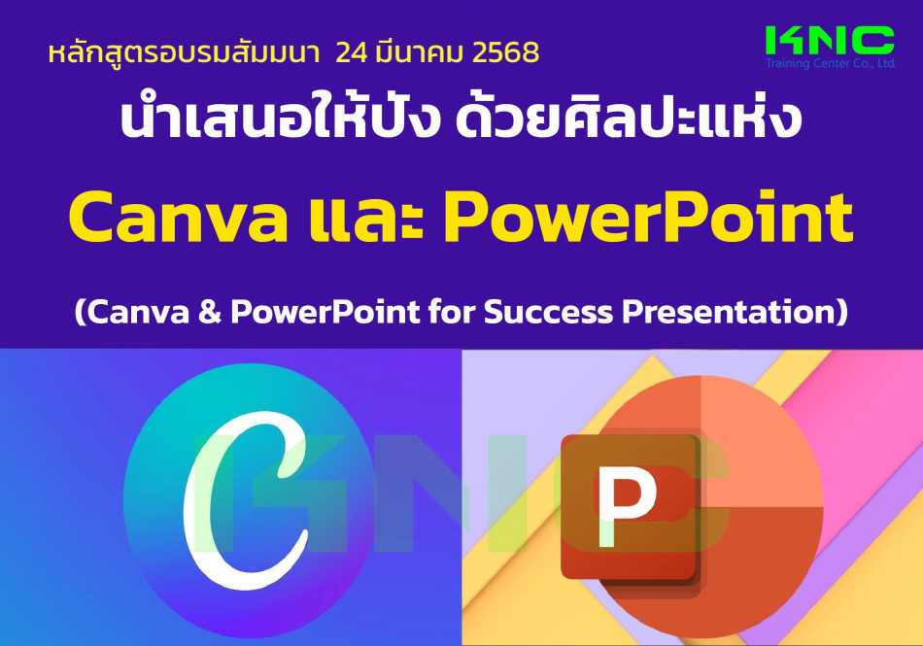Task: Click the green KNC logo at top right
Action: click(x=830, y=41)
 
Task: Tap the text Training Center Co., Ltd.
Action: click(x=831, y=63)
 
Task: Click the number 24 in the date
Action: click(x=352, y=53)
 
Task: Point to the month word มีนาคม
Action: click(x=421, y=51)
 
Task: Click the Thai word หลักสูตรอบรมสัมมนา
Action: click(x=184, y=52)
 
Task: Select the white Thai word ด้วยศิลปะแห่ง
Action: click(x=629, y=119)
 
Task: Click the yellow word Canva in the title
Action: click(x=179, y=217)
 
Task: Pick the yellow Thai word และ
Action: click(x=365, y=218)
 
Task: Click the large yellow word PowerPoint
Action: click(x=648, y=217)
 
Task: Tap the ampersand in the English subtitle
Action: click(x=209, y=311)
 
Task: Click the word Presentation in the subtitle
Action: click(x=730, y=311)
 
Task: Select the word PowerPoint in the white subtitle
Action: click(x=325, y=311)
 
